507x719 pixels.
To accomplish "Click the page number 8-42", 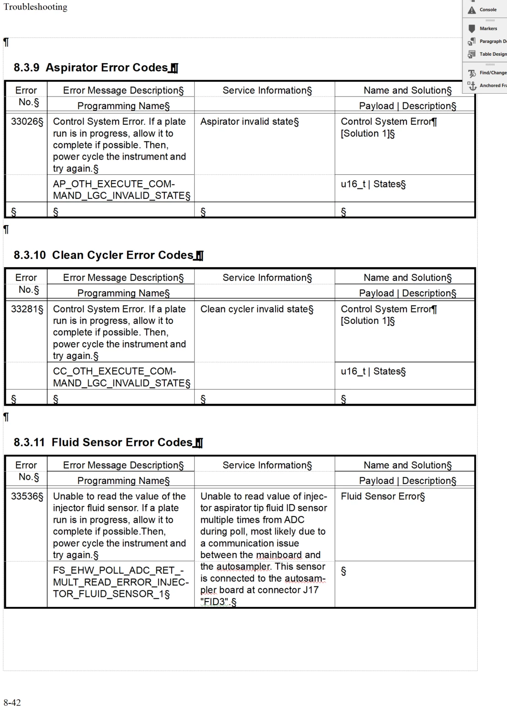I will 12,703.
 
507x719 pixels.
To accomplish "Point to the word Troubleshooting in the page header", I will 35,7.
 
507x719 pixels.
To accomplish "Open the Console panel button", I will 487,10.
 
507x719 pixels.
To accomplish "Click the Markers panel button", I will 487,28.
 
